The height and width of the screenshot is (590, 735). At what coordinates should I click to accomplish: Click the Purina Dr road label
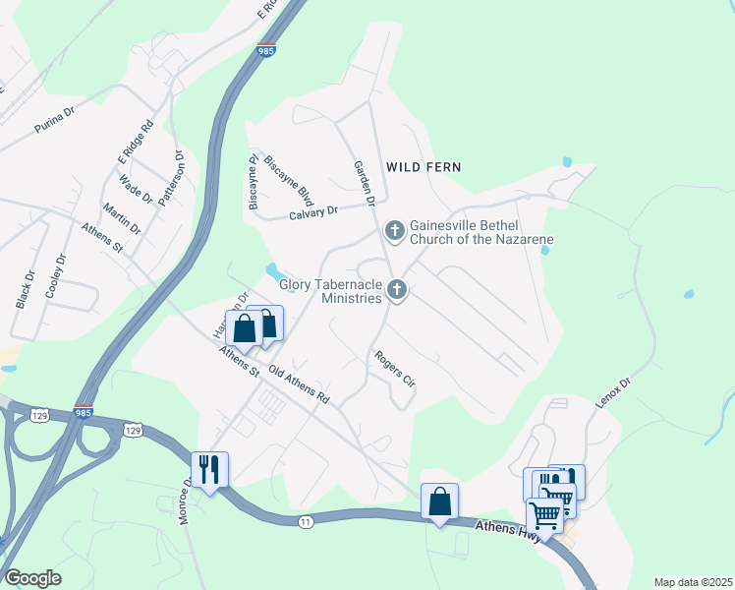54,119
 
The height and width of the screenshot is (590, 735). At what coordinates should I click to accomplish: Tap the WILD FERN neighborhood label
424,167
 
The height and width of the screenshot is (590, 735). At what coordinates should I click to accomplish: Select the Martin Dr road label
122,218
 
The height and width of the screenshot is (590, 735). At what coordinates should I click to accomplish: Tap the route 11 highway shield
308,521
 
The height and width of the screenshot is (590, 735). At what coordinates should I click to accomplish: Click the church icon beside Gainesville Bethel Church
394,232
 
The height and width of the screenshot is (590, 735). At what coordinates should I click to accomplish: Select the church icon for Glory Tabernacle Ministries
397,289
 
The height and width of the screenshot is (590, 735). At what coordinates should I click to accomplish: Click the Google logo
32,578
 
